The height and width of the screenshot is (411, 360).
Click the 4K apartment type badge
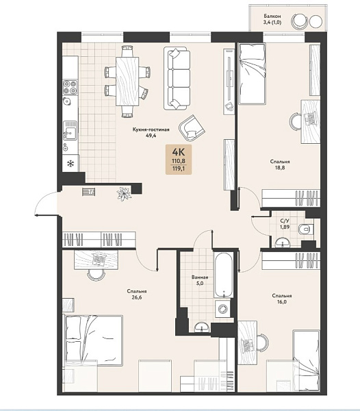[x=179, y=160]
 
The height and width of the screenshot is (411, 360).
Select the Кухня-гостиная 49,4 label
[x=151, y=132]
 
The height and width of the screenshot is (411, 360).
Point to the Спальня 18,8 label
[x=280, y=164]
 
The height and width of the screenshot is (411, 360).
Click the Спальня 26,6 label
[x=137, y=295]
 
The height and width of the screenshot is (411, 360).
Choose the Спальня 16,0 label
[x=282, y=299]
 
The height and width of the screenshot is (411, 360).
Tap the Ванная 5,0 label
[x=200, y=280]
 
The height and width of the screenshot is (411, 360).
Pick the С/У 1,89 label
[x=285, y=224]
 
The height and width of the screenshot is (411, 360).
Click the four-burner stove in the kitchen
[x=70, y=87]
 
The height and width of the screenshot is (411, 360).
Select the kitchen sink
[x=70, y=130]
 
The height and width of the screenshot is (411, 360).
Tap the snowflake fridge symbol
[x=70, y=164]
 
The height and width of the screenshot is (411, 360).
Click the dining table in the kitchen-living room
[x=127, y=82]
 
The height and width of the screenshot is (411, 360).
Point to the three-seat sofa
[x=177, y=78]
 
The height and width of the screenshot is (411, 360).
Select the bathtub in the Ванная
[x=223, y=275]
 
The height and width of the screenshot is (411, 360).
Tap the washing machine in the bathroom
[x=223, y=309]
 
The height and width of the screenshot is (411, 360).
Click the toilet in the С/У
[x=305, y=229]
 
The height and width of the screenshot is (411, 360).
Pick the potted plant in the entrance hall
[x=124, y=194]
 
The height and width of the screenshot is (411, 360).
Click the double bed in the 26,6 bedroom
[x=93, y=340]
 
